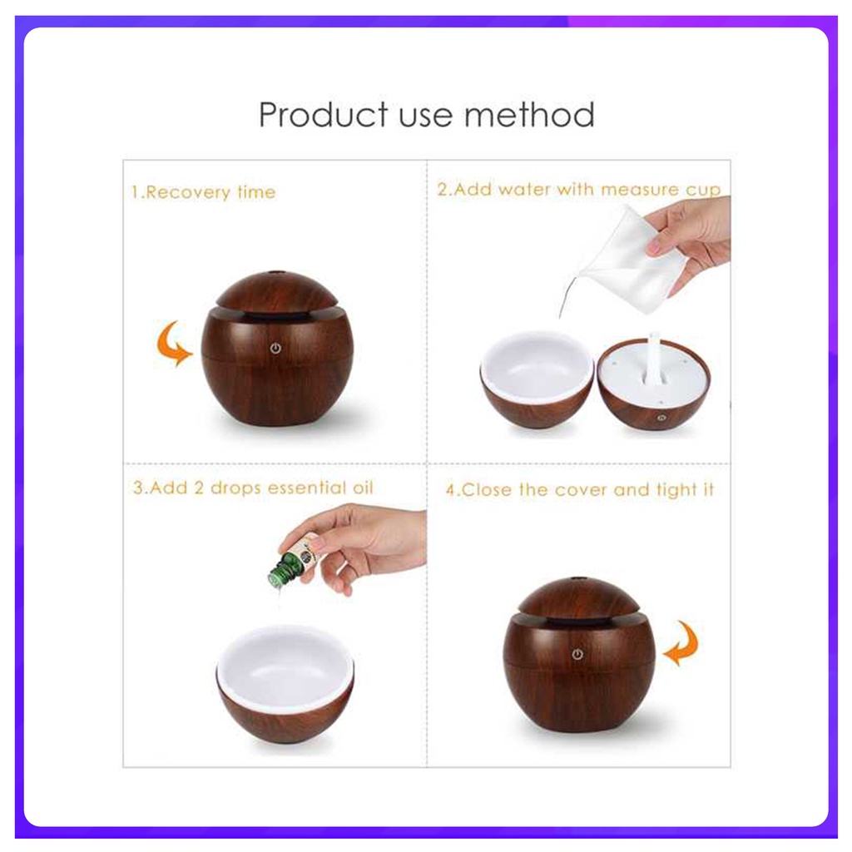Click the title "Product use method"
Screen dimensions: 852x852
click(x=427, y=115)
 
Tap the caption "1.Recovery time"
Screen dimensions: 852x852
click(x=203, y=192)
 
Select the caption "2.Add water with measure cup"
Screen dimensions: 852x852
click(x=579, y=190)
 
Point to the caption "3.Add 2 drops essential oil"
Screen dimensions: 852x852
click(x=253, y=488)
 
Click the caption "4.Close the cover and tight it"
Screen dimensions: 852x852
click(x=580, y=489)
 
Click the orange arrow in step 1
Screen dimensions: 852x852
click(x=173, y=344)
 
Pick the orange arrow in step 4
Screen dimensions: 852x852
click(x=681, y=643)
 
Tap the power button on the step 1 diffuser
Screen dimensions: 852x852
click(x=275, y=349)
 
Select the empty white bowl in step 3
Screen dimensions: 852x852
click(x=285, y=684)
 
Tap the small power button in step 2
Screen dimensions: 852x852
click(x=661, y=418)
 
